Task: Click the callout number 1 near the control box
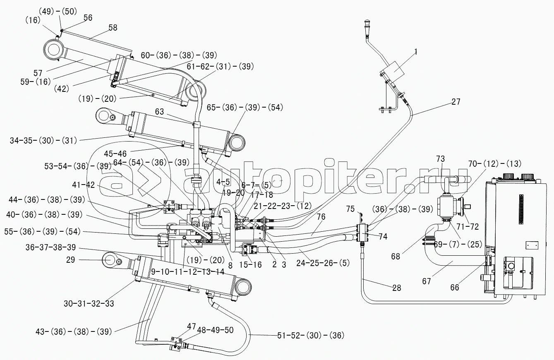[x=416, y=52]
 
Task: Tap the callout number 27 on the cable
[x=456, y=102]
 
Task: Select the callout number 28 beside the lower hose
[x=396, y=288]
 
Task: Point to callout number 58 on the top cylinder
[x=113, y=28]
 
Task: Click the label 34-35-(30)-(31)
[x=43, y=141]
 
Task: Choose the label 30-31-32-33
[x=89, y=303]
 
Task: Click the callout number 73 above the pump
[x=440, y=158]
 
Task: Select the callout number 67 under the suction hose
[x=427, y=281]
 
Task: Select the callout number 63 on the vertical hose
[x=160, y=111]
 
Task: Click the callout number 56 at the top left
[x=88, y=17]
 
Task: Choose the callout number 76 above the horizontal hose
[x=321, y=216]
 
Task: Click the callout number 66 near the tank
[x=454, y=288]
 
